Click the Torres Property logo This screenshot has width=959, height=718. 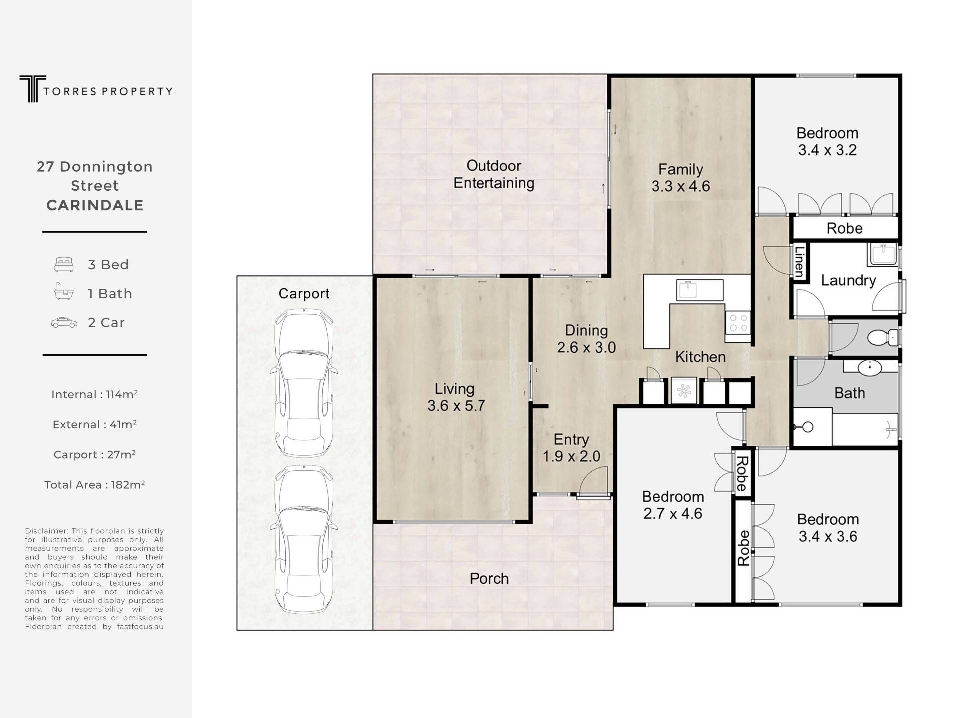[x=96, y=89]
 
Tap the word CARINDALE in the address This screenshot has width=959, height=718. [x=95, y=205]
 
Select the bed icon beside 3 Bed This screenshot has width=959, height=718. [x=64, y=264]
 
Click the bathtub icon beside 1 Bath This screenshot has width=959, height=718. [x=64, y=292]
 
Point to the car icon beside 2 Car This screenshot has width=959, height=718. [x=64, y=323]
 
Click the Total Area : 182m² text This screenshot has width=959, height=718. [x=95, y=485]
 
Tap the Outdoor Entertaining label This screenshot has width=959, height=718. [x=493, y=174]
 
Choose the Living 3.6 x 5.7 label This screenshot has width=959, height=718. [x=456, y=397]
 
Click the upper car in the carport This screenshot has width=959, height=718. [x=304, y=383]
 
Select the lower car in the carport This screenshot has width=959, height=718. [x=304, y=539]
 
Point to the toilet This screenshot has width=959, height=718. [x=883, y=338]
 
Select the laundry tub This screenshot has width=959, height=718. [x=883, y=254]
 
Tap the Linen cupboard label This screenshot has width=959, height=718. [x=799, y=262]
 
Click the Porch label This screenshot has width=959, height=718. [x=489, y=579]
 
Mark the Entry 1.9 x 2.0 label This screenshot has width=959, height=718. [x=571, y=448]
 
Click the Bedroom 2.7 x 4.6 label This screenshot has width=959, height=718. [x=673, y=505]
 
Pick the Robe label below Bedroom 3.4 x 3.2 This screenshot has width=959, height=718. [x=844, y=228]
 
